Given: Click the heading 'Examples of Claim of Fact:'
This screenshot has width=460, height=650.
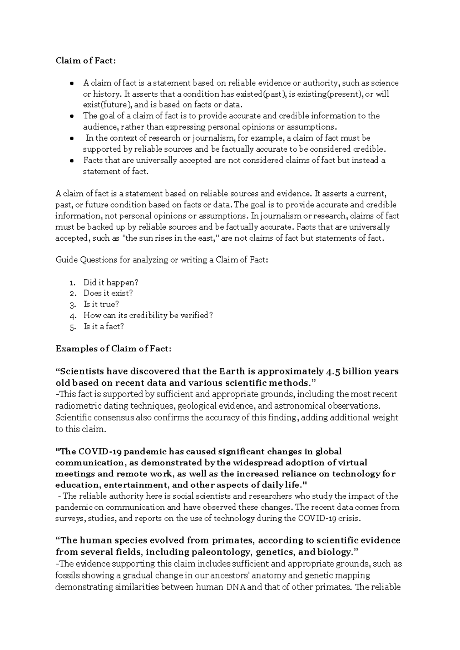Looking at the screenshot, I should (113, 349).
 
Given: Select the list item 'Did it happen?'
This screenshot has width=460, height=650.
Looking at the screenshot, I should (110, 282).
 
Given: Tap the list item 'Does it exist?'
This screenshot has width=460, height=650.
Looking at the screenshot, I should (108, 293).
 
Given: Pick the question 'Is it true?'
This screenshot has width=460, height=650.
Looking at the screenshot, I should (101, 304).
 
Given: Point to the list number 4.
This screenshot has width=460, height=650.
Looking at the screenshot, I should (73, 316).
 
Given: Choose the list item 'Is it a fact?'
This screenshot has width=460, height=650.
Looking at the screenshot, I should (103, 327).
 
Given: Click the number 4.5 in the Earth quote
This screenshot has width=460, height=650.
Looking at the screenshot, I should (333, 371).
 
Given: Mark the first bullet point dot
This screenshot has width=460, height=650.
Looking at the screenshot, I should (72, 83).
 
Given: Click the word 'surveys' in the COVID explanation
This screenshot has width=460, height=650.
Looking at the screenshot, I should (71, 519).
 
